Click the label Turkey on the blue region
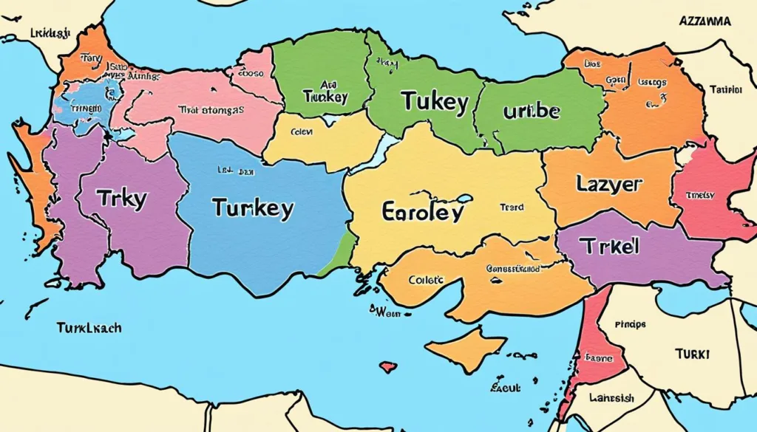[252, 208]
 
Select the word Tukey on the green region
[435, 103]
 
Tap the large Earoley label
[423, 212]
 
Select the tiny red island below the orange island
[386, 366]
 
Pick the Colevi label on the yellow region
[302, 133]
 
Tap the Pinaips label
[630, 324]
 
